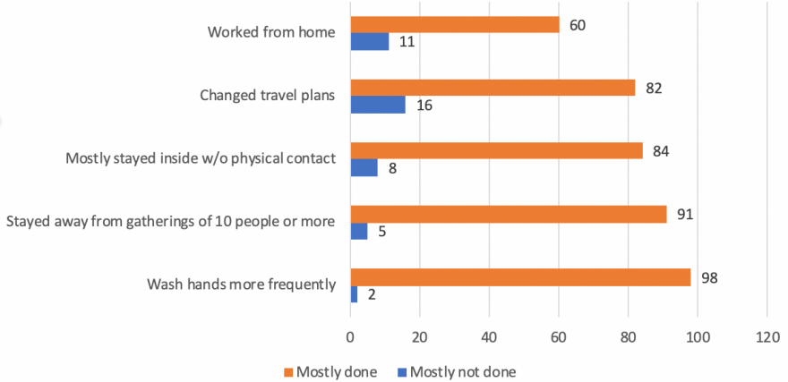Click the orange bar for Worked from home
pos(454,25)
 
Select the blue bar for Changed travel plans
pos(377,106)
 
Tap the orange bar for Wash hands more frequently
pos(520,277)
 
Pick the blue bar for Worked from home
pos(369,42)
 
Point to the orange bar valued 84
pos(496,151)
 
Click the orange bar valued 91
pos(508,215)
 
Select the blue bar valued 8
pos(364,168)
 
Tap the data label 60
pos(577,25)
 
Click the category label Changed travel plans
pos(266,96)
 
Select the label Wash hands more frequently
pos(241,285)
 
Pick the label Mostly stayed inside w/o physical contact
pos(201,158)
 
